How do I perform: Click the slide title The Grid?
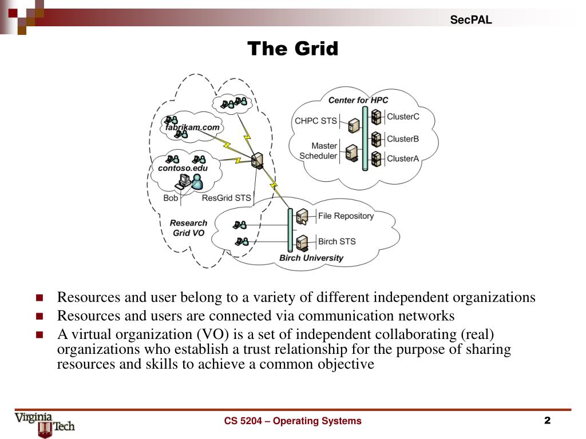[x=292, y=49]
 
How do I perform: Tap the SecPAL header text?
[x=470, y=20]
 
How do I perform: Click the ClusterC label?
[x=403, y=117]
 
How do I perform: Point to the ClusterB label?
[x=403, y=138]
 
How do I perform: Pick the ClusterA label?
[x=403, y=158]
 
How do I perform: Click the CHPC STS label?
[x=315, y=121]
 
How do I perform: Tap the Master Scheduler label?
[x=319, y=151]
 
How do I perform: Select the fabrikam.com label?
[x=193, y=127]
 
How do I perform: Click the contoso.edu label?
[x=183, y=168]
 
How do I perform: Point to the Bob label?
[x=171, y=198]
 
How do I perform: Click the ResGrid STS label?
[x=227, y=198]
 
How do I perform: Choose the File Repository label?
[x=346, y=216]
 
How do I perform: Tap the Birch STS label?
[x=336, y=241]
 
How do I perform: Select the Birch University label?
[x=311, y=258]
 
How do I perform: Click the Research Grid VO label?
[x=188, y=228]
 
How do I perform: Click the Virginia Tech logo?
[x=45, y=424]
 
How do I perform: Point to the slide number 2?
[x=547, y=421]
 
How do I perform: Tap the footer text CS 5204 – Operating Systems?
[x=292, y=421]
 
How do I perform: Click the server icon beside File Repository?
[x=303, y=217]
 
